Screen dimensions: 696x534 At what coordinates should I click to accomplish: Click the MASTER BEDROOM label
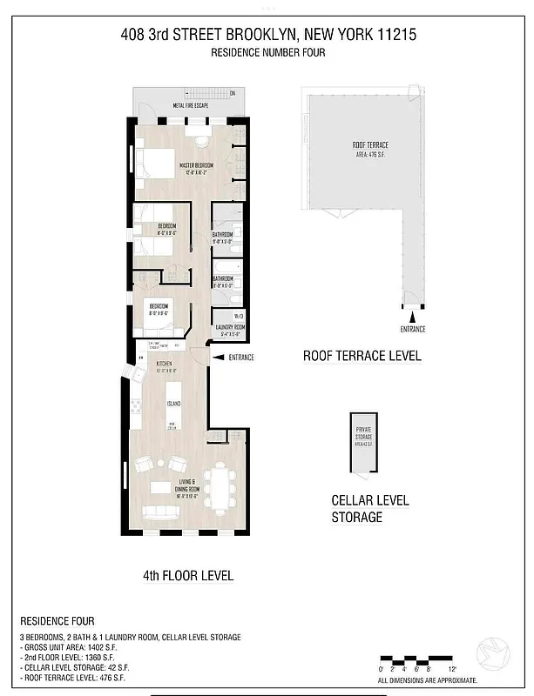pos(198,164)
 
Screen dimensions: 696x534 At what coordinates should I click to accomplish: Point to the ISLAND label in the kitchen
pos(173,404)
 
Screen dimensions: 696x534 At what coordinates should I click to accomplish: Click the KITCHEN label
pos(164,365)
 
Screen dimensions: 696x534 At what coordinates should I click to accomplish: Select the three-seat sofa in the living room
pos(159,512)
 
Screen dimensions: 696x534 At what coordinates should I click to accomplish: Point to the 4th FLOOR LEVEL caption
pos(187,576)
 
